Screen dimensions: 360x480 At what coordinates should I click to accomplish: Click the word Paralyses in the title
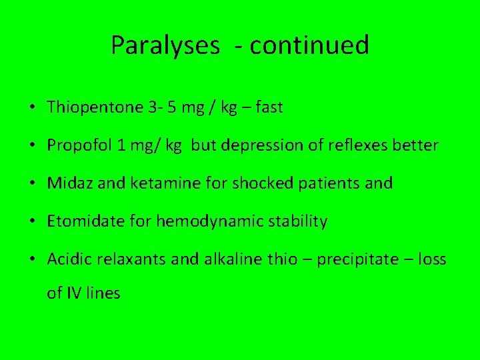(x=165, y=46)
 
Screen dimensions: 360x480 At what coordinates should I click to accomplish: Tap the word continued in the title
(x=309, y=45)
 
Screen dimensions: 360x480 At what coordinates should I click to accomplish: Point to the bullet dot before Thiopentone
(x=33, y=108)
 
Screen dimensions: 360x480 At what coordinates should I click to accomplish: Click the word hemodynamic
(x=206, y=221)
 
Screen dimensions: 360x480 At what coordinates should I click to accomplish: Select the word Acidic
(x=67, y=259)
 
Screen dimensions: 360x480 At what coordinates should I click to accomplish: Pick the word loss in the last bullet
(x=432, y=259)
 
